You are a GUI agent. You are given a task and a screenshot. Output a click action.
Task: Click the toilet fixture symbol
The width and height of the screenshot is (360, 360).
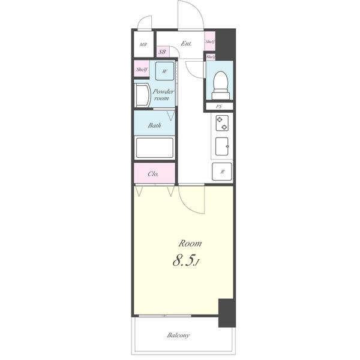(220, 85)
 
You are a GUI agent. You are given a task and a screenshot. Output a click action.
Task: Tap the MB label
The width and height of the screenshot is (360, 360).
(143, 44)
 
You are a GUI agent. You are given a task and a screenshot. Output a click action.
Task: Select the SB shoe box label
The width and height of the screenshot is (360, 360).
(162, 52)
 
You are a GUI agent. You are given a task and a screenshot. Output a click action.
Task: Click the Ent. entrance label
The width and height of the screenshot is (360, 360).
(186, 43)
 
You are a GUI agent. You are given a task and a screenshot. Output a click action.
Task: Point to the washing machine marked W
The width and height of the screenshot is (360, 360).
(164, 71)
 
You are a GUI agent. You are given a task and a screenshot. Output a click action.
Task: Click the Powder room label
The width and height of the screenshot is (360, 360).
(163, 95)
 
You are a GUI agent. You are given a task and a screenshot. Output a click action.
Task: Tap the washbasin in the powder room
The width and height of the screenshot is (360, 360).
(142, 95)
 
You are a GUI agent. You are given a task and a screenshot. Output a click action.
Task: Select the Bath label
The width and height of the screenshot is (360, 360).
(154, 125)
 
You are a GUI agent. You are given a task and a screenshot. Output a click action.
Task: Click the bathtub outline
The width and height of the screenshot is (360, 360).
(155, 148)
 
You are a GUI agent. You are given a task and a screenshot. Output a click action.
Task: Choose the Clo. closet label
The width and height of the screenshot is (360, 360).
(153, 174)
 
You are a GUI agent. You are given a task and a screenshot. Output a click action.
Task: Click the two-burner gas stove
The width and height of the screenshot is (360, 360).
(222, 123)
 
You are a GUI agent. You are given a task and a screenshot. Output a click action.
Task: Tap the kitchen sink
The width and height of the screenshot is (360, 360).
(222, 146)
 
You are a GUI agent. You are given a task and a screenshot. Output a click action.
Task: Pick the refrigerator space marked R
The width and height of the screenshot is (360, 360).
(222, 172)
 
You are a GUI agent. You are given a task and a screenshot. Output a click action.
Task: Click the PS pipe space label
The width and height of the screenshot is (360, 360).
(219, 107)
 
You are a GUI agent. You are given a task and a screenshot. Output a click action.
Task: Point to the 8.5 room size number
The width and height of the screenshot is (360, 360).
(183, 261)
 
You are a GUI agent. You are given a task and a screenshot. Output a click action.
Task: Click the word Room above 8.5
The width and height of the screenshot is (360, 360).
(190, 244)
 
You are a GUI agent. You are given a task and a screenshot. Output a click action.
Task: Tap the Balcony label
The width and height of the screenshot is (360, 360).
(178, 335)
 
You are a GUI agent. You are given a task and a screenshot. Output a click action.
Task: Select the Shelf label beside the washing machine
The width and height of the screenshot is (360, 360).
(142, 69)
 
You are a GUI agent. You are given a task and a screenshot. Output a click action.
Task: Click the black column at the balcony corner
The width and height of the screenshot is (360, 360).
(227, 313)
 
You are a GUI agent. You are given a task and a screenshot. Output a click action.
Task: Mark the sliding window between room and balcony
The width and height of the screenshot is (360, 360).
(165, 316)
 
